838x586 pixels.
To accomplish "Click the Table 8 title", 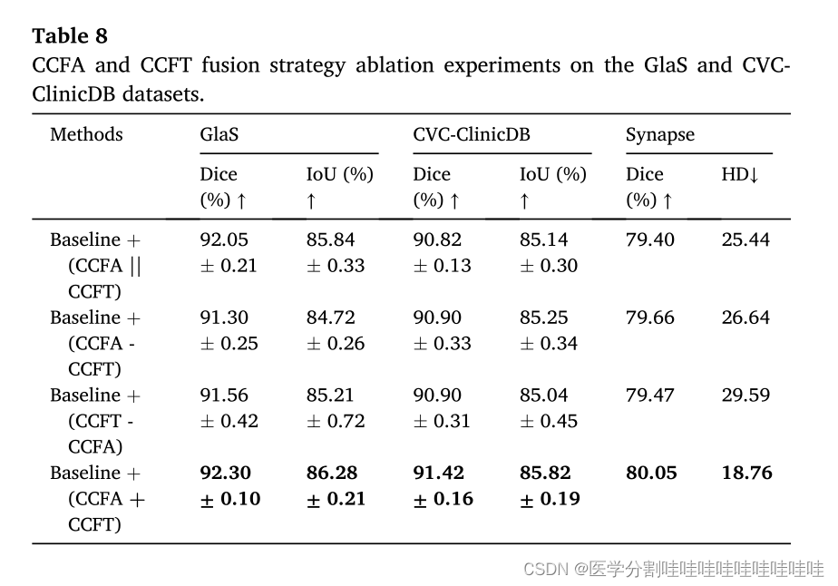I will coord(70,35).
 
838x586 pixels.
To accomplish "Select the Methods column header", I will coord(86,135).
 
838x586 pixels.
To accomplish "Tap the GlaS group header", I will coord(219,135).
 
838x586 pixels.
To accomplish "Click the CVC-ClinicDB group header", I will coord(471,135).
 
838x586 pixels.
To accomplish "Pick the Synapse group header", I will coord(660,135).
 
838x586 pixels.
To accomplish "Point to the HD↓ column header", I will coord(740,174).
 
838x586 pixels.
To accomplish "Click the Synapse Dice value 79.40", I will coord(650,240).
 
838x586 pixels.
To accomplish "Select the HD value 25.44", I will coord(745,240).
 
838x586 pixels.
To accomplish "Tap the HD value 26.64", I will coord(745,317).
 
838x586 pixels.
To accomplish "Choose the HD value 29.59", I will coord(745,396).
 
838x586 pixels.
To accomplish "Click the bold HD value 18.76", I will coord(746,473).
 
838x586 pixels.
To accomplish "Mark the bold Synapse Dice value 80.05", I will coord(651,473).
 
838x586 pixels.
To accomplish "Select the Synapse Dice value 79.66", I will coord(650,317).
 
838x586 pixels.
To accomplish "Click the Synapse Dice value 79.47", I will coord(650,396).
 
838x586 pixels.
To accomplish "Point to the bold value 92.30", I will coord(226,473).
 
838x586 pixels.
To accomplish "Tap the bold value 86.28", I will coord(332,473).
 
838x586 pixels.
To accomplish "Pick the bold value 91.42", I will coord(439,473).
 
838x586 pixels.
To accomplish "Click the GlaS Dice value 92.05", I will coord(224,240).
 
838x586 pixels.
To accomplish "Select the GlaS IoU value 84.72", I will coord(330,317).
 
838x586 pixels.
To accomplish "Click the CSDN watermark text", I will coord(674,569).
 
